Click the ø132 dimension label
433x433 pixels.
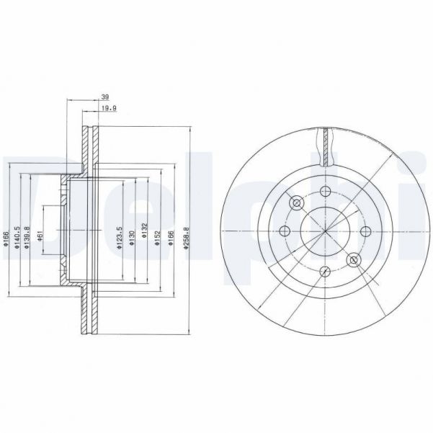tap(145, 233)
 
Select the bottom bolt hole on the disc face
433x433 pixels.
tap(324, 272)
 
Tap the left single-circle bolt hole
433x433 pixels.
tap(283, 231)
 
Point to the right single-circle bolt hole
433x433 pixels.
tap(365, 231)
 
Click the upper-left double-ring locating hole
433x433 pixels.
tap(295, 202)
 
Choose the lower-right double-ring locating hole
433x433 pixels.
tap(353, 259)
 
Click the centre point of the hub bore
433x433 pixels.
tap(324, 231)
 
